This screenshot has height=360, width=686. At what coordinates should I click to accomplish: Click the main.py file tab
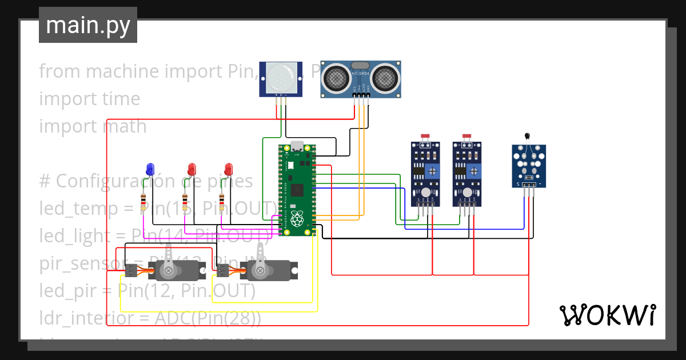click(x=87, y=25)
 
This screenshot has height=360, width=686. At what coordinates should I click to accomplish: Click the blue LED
click(x=150, y=169)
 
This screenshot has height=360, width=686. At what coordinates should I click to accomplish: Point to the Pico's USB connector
click(x=297, y=147)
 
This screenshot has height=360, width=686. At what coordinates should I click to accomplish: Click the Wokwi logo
click(x=607, y=314)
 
